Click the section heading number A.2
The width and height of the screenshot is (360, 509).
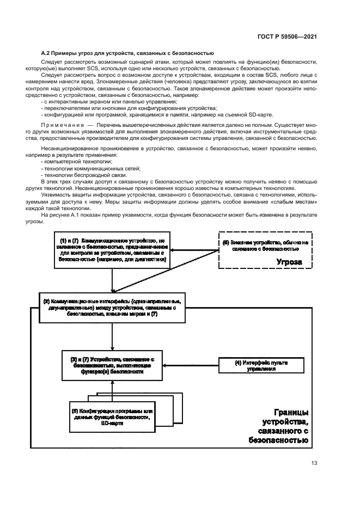click(46, 53)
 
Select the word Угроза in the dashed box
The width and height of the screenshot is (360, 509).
click(286, 262)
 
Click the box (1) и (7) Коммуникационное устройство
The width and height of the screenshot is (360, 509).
click(112, 250)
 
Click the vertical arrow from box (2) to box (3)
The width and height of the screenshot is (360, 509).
click(112, 338)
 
